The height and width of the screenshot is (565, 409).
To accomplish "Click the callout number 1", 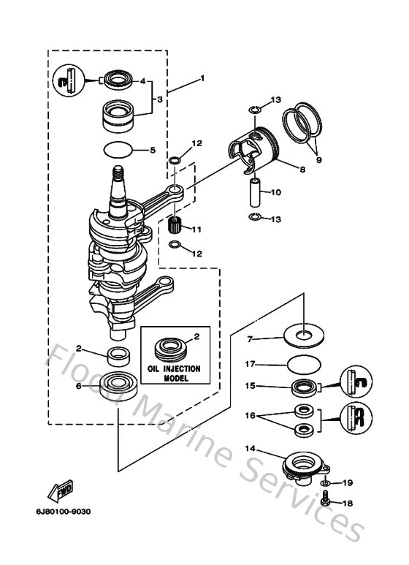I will (x=202, y=79).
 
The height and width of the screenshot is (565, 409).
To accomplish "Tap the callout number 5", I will (x=153, y=151).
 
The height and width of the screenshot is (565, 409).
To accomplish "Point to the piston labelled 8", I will (x=256, y=145).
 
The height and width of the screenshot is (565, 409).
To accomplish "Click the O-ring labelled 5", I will (x=118, y=150).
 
